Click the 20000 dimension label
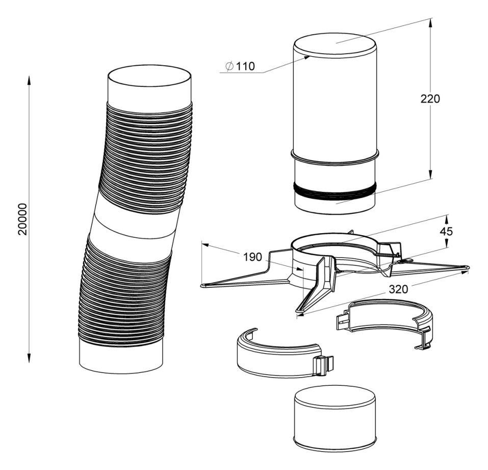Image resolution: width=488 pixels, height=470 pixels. click(23, 219)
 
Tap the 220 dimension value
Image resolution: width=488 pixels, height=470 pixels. click(430, 98)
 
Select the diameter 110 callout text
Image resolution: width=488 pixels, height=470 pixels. click(240, 66)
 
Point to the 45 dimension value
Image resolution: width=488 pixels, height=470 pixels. click(446, 231)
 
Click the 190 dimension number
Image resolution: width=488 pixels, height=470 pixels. click(253, 257)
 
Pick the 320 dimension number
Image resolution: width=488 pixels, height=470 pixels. click(398, 289)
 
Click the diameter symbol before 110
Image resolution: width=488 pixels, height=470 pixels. click(229, 66)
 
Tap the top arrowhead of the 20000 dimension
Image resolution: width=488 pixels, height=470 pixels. click(29, 80)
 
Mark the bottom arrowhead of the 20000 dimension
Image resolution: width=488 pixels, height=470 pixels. click(29, 358)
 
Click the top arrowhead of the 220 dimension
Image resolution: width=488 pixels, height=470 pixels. click(430, 23)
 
